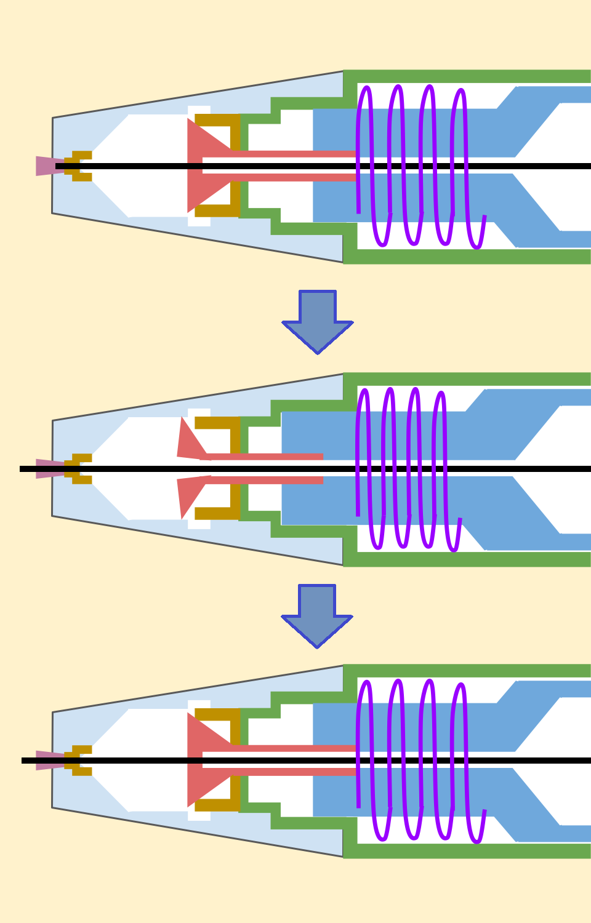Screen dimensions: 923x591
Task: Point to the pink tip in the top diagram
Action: [x=44, y=166]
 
